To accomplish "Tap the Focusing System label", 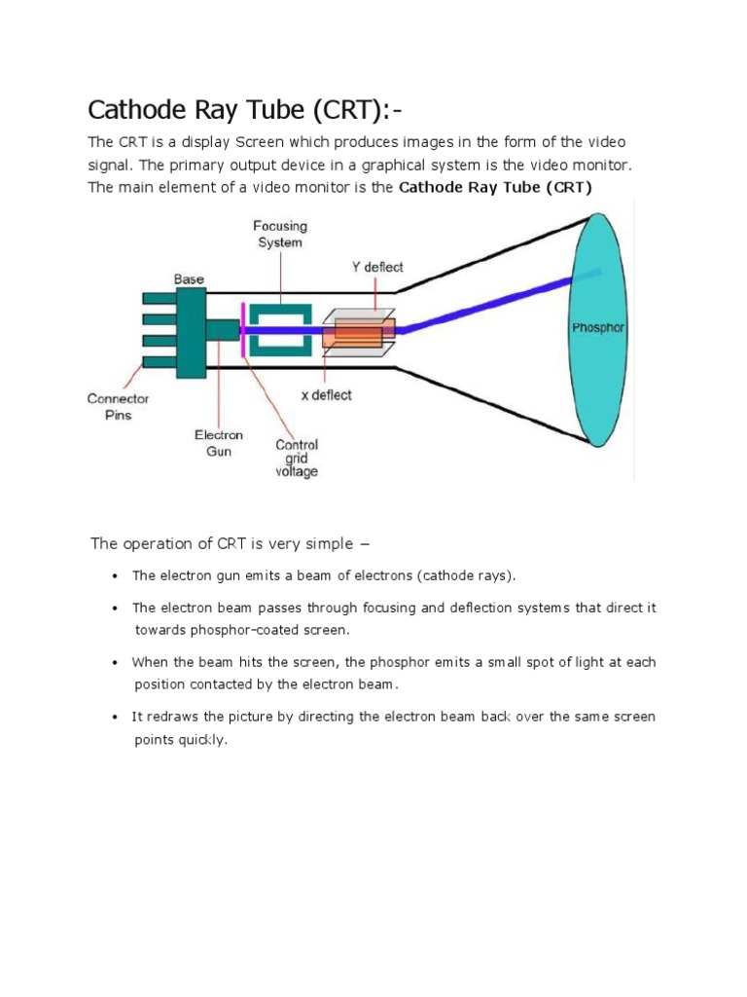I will coord(280,235).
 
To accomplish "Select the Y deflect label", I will coord(376,267).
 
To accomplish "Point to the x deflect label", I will coord(327,395).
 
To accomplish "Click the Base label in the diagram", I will coord(190,279).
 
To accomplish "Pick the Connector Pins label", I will coord(118,407).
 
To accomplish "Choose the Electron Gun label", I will coord(219,443).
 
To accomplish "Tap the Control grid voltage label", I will coord(296,459).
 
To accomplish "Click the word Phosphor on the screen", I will coord(597,328).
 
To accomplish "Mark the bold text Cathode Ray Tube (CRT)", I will coord(495,187).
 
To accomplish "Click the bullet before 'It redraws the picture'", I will coord(116,717).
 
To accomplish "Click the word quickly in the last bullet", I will coord(205,739).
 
